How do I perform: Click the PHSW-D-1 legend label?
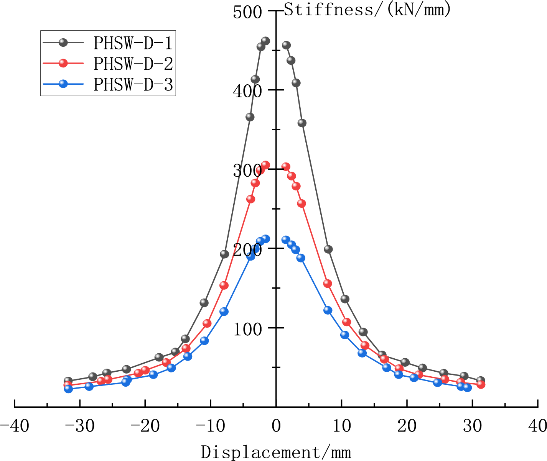[133, 43]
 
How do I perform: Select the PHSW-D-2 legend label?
[133, 64]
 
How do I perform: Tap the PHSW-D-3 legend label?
[133, 84]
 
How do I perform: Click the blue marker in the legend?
[63, 84]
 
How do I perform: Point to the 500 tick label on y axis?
[247, 12]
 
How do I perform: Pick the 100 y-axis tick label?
[247, 329]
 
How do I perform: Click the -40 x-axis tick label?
[14, 426]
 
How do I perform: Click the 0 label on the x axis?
[276, 426]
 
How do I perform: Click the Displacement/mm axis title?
[276, 452]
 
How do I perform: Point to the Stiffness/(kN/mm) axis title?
[367, 9]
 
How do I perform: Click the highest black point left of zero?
[265, 41]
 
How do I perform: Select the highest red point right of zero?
[286, 167]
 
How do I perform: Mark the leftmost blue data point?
[69, 389]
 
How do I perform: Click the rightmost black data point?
[480, 381]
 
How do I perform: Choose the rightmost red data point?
[481, 384]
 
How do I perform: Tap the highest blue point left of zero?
[265, 239]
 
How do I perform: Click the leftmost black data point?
[68, 381]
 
